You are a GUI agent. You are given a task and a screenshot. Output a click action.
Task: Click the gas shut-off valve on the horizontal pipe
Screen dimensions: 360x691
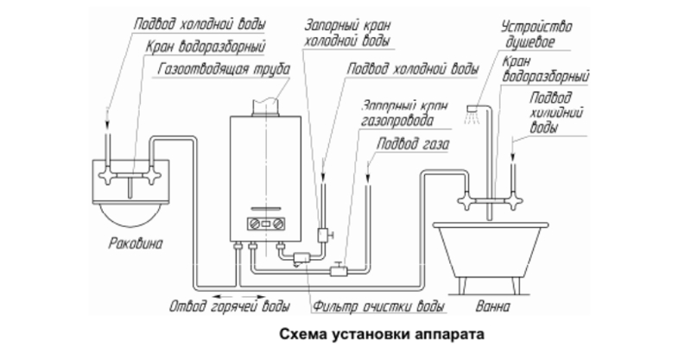[339, 270]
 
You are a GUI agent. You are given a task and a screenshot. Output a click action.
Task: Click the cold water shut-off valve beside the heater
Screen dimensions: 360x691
[323, 233]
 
